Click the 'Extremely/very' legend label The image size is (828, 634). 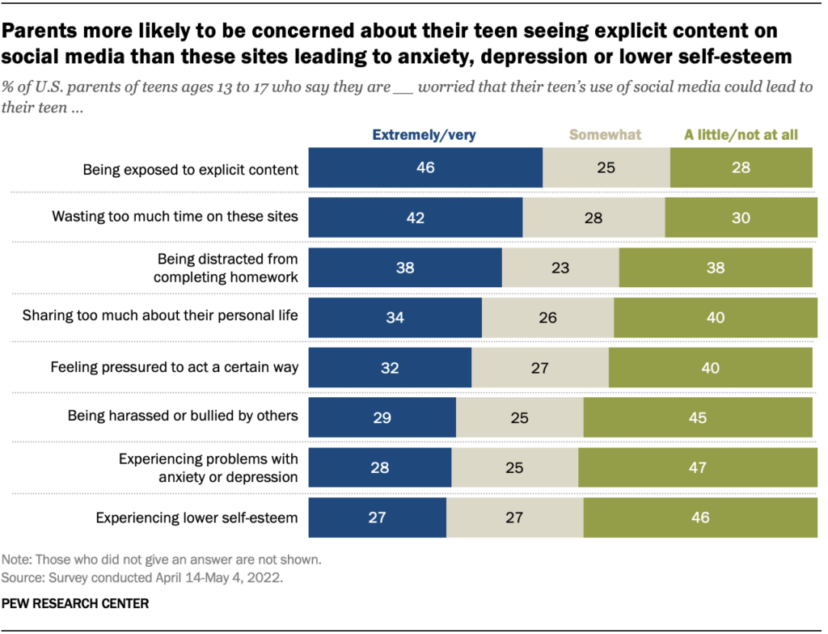pos(424,135)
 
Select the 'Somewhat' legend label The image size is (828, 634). pos(606,135)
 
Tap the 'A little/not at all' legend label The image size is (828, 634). pos(741,135)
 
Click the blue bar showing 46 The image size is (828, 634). pos(425,168)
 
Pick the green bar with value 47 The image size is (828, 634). pos(696,467)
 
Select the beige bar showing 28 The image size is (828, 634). pos(594,218)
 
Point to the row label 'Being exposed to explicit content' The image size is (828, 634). pos(191,170)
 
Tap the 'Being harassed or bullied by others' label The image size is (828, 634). pos(183,416)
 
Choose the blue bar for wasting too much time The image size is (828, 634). pos(416,218)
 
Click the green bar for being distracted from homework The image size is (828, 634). pos(715,268)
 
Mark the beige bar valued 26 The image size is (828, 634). pos(547,317)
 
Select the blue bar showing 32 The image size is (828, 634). pos(390,367)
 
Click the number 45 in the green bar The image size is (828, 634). pos(697,418)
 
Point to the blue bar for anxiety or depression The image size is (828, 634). pos(380,467)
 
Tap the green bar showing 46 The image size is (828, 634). pos(699,518)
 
